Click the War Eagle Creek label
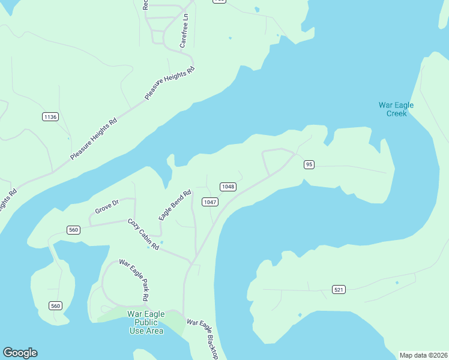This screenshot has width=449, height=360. pyautogui.click(x=396, y=109)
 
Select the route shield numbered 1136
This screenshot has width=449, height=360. pyautogui.click(x=50, y=116)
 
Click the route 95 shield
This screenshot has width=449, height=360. pyautogui.click(x=309, y=164)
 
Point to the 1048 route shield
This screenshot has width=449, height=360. pyautogui.click(x=228, y=187)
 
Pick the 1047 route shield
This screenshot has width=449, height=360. pyautogui.click(x=209, y=202)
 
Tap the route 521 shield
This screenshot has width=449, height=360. pyautogui.click(x=339, y=290)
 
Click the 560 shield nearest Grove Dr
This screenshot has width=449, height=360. pyautogui.click(x=73, y=230)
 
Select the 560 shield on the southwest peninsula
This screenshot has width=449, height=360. pyautogui.click(x=56, y=305)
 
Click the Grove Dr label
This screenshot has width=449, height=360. pyautogui.click(x=107, y=207)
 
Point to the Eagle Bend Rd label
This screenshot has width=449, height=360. pyautogui.click(x=175, y=205)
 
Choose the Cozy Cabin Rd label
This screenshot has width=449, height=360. pyautogui.click(x=143, y=235)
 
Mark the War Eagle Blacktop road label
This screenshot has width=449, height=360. pyautogui.click(x=202, y=338)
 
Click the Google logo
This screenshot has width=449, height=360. pyautogui.click(x=20, y=353)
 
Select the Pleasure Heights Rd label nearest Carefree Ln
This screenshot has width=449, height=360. pyautogui.click(x=170, y=83)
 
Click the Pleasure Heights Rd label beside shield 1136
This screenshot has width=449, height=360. pyautogui.click(x=93, y=138)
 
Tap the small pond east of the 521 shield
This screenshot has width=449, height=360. pyautogui.click(x=397, y=282)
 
